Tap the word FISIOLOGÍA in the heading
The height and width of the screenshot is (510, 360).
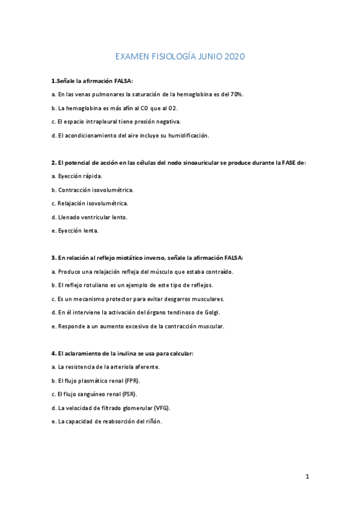click(177, 57)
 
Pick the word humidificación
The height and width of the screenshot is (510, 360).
click(185, 135)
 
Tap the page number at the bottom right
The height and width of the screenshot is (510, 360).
click(307, 477)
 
